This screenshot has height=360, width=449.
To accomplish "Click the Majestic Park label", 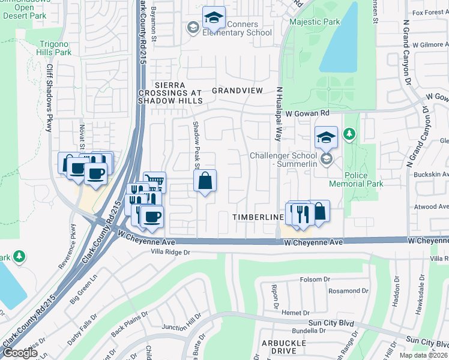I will coord(315,22).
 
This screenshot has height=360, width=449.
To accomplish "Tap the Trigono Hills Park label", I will coord(55,48).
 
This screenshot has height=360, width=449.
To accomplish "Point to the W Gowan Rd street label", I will coord(307,113).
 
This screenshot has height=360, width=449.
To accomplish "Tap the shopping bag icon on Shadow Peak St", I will coord(205,181).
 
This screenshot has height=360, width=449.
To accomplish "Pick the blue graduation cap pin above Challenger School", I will coord(326,137).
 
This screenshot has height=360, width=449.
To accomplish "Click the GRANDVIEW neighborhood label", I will coord(237,91).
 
